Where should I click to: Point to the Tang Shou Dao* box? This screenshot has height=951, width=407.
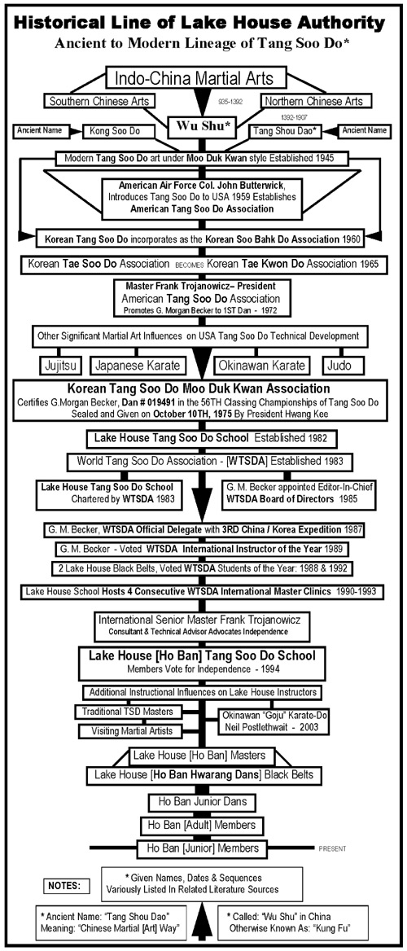pos(284,130)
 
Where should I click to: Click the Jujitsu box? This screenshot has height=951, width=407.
pos(59,365)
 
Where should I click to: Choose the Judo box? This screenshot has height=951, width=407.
pos(344,365)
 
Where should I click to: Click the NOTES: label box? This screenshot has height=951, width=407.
pos(68,886)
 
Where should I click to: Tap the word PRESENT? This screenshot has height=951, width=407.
pos(332,848)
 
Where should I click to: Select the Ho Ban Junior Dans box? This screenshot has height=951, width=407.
pos(199,802)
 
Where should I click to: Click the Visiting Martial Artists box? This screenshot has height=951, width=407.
pos(129,731)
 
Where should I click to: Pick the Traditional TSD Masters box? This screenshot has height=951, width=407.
pos(125,711)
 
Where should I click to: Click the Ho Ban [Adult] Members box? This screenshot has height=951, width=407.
pos(199,825)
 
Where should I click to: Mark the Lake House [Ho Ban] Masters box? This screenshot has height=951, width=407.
pos(202,755)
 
